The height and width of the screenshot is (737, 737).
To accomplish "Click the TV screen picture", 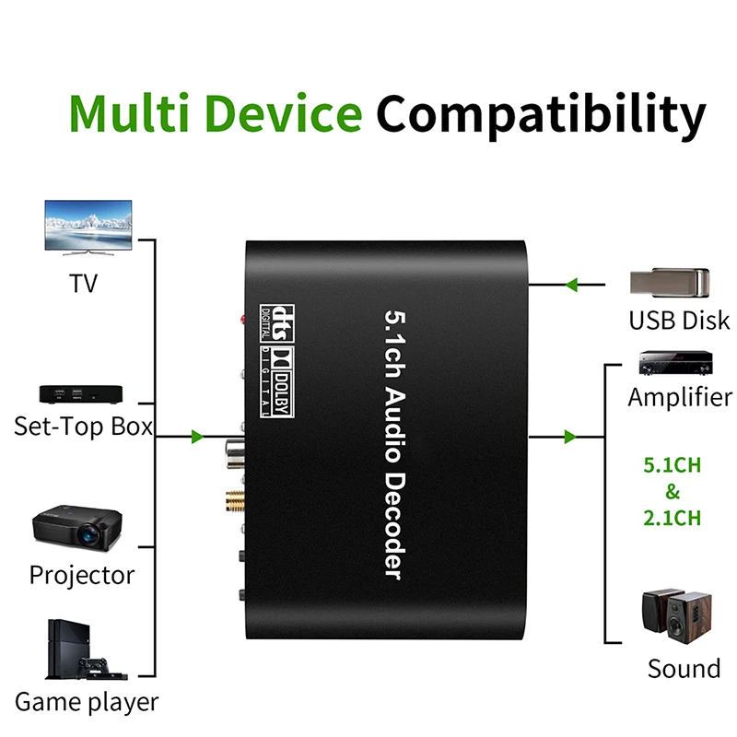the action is pos(88,228).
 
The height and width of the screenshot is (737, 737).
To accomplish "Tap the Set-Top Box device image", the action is pos(81,394).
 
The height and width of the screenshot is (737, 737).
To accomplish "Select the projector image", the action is pos(77,527).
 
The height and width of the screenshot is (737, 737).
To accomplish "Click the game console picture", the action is pos(86,649).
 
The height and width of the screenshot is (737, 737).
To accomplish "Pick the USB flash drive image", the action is pos(670,283).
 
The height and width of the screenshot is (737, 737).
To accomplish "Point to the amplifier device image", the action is pos(675,362).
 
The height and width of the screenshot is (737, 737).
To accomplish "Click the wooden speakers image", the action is pos(677,616).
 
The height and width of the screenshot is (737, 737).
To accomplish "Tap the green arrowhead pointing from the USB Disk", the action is pos(571,285).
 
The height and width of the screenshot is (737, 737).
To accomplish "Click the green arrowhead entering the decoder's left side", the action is pos(197,437).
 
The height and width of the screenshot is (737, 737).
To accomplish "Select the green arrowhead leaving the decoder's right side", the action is pos(569,437).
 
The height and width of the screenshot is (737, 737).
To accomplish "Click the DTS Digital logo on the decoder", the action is pos(277,323).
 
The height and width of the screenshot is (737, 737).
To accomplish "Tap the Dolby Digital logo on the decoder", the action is pos(277,382).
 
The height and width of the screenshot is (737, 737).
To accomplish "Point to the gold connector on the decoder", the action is pos(235,501).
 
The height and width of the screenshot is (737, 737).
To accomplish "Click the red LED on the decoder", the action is pos(243,320).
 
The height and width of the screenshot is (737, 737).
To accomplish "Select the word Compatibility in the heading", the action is pos(541,115).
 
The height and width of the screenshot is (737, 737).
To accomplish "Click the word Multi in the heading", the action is pos(129,112).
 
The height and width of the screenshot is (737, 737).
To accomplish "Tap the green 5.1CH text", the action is pos(673,465).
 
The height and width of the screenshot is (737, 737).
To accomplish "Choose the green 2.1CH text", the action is pos(673,518).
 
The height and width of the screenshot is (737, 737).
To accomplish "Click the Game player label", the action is pos(87,703).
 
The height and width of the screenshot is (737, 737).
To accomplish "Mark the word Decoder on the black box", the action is pos(394,526).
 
